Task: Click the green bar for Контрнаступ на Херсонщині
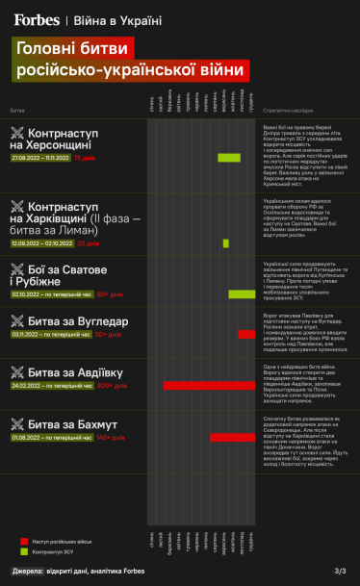coord(228,157)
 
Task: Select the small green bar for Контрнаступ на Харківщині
coord(226,243)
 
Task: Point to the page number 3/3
coord(340,572)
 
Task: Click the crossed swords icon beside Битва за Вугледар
coord(17,320)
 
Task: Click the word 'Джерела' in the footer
coord(28,572)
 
